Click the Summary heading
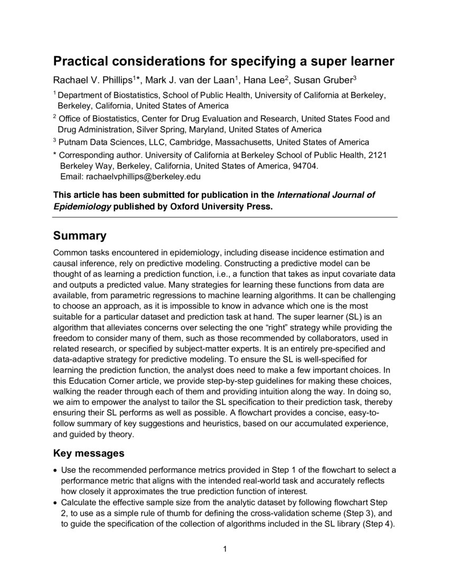tap(80, 236)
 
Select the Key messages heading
tap(89, 453)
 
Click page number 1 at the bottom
tap(224, 550)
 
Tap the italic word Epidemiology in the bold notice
tap(82, 207)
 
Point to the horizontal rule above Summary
tap(225, 217)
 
